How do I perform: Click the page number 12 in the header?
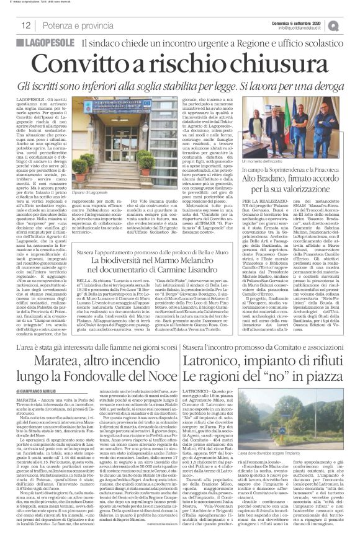point(25,25)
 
